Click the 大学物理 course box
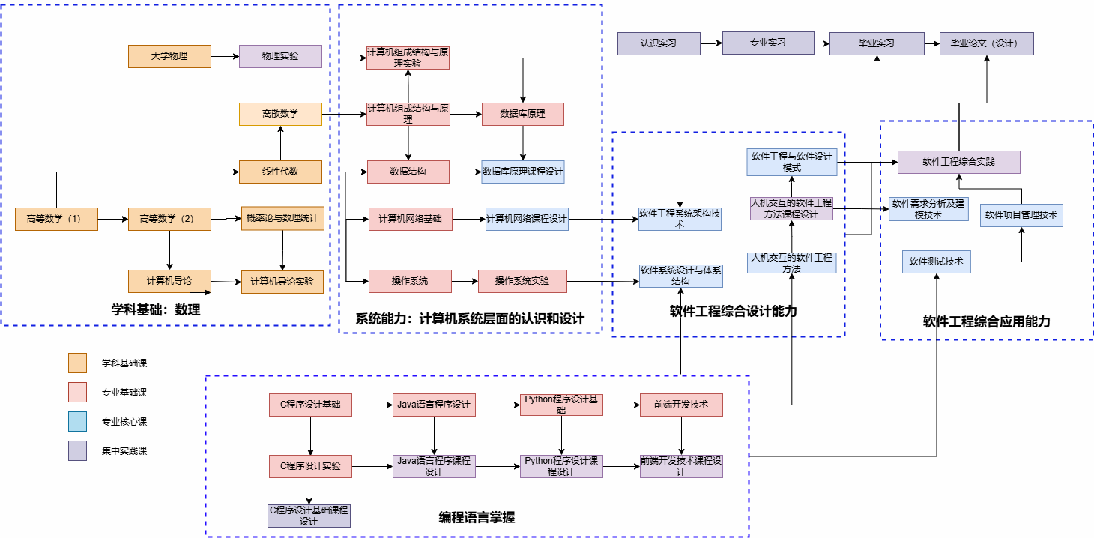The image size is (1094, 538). [x=169, y=56]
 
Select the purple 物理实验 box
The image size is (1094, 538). [x=280, y=56]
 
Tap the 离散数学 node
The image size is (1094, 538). [x=280, y=114]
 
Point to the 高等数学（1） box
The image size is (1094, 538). [x=56, y=219]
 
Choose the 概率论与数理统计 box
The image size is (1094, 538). [x=282, y=218]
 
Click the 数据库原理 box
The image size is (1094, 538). [x=522, y=114]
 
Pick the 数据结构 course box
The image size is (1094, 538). [x=408, y=172]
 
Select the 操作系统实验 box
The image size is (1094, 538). [x=522, y=281]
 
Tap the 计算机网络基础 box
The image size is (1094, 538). [x=410, y=219]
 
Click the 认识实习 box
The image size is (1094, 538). [x=658, y=43]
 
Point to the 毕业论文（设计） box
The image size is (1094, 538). [x=987, y=43]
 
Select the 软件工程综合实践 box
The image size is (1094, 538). [x=958, y=162]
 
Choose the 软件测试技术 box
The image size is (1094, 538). [x=936, y=262]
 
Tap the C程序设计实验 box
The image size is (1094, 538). [x=310, y=466]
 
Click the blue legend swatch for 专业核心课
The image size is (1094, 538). [x=78, y=422]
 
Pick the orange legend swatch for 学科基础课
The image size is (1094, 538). [x=78, y=363]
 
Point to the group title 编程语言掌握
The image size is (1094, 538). [x=477, y=517]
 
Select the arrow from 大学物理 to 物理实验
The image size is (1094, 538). [x=224, y=56]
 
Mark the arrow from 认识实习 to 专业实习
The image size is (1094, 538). [x=710, y=43]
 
